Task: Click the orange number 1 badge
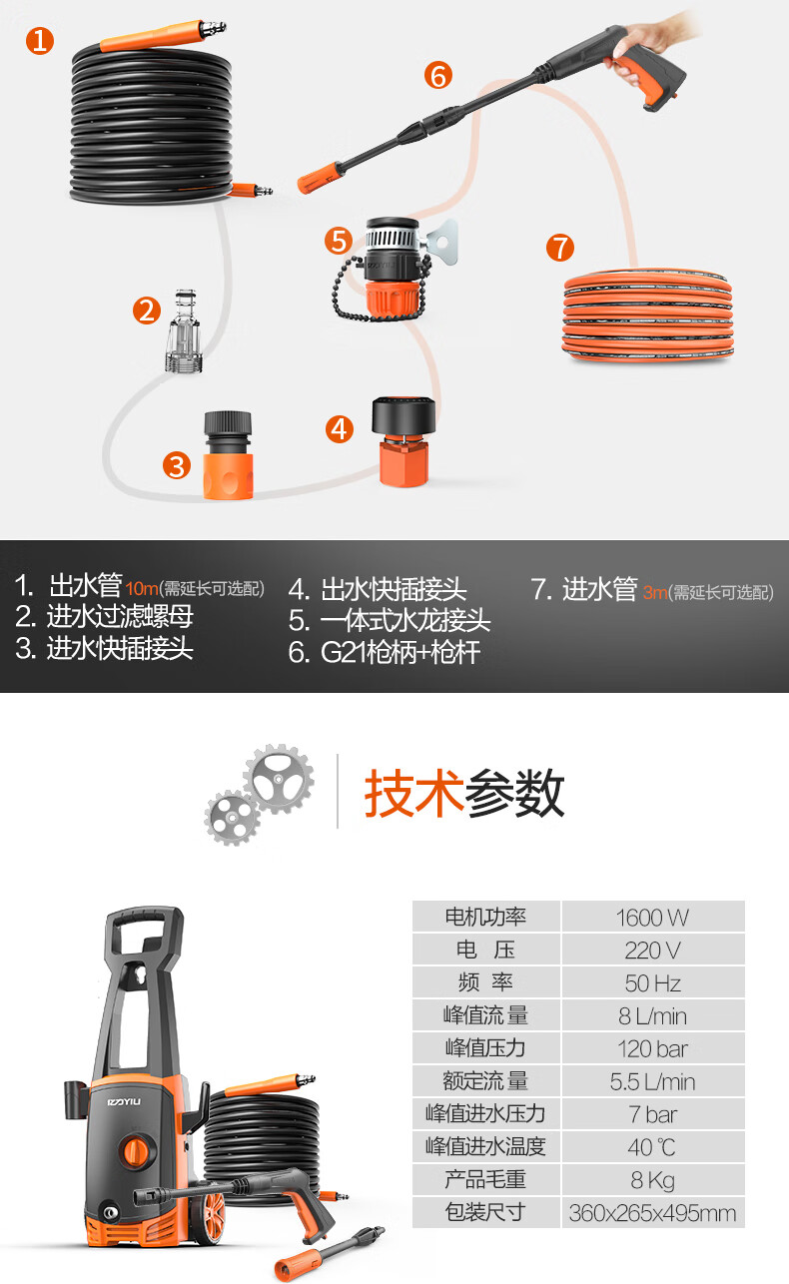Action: pos(40,41)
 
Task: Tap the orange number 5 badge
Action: pos(339,241)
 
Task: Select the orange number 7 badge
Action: pos(560,248)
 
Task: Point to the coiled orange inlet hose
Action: pos(648,315)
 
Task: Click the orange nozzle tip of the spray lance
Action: pos(318,177)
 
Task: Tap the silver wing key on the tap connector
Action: pos(443,242)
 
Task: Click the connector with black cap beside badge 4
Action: pos(403,441)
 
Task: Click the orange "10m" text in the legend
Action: pos(142,589)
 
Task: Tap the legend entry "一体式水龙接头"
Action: pos(405,621)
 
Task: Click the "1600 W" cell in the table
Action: pos(653,918)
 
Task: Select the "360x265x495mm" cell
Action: pos(653,1213)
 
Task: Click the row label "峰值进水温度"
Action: pos(485,1147)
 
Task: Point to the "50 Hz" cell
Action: pos(653,983)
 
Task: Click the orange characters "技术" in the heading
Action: pos(413,793)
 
